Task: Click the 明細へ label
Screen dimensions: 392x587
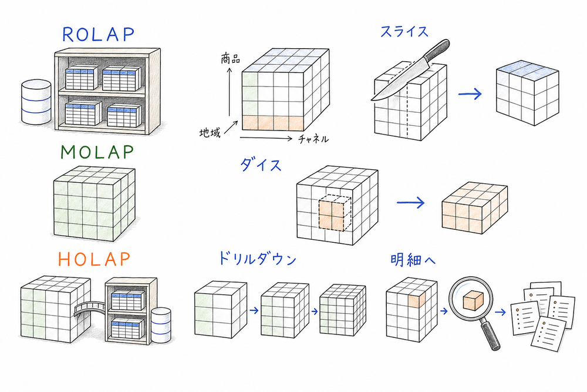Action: click(x=414, y=259)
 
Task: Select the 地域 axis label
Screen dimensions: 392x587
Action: click(x=210, y=133)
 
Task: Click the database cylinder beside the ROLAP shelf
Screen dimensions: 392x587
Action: click(x=36, y=102)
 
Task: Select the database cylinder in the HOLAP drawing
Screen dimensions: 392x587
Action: click(x=160, y=326)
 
